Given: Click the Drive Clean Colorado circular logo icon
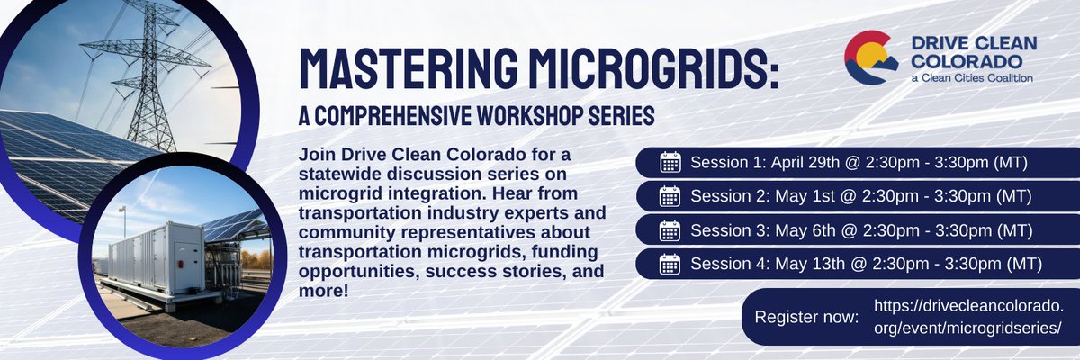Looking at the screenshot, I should pyautogui.click(x=870, y=57).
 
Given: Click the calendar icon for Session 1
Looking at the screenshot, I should pyautogui.click(x=670, y=163).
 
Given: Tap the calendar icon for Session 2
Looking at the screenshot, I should pyautogui.click(x=670, y=196).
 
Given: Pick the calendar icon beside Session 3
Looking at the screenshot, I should pyautogui.click(x=670, y=230).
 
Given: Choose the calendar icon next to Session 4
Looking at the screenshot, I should pyautogui.click(x=670, y=264).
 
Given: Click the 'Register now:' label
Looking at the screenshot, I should pyautogui.click(x=806, y=319).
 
